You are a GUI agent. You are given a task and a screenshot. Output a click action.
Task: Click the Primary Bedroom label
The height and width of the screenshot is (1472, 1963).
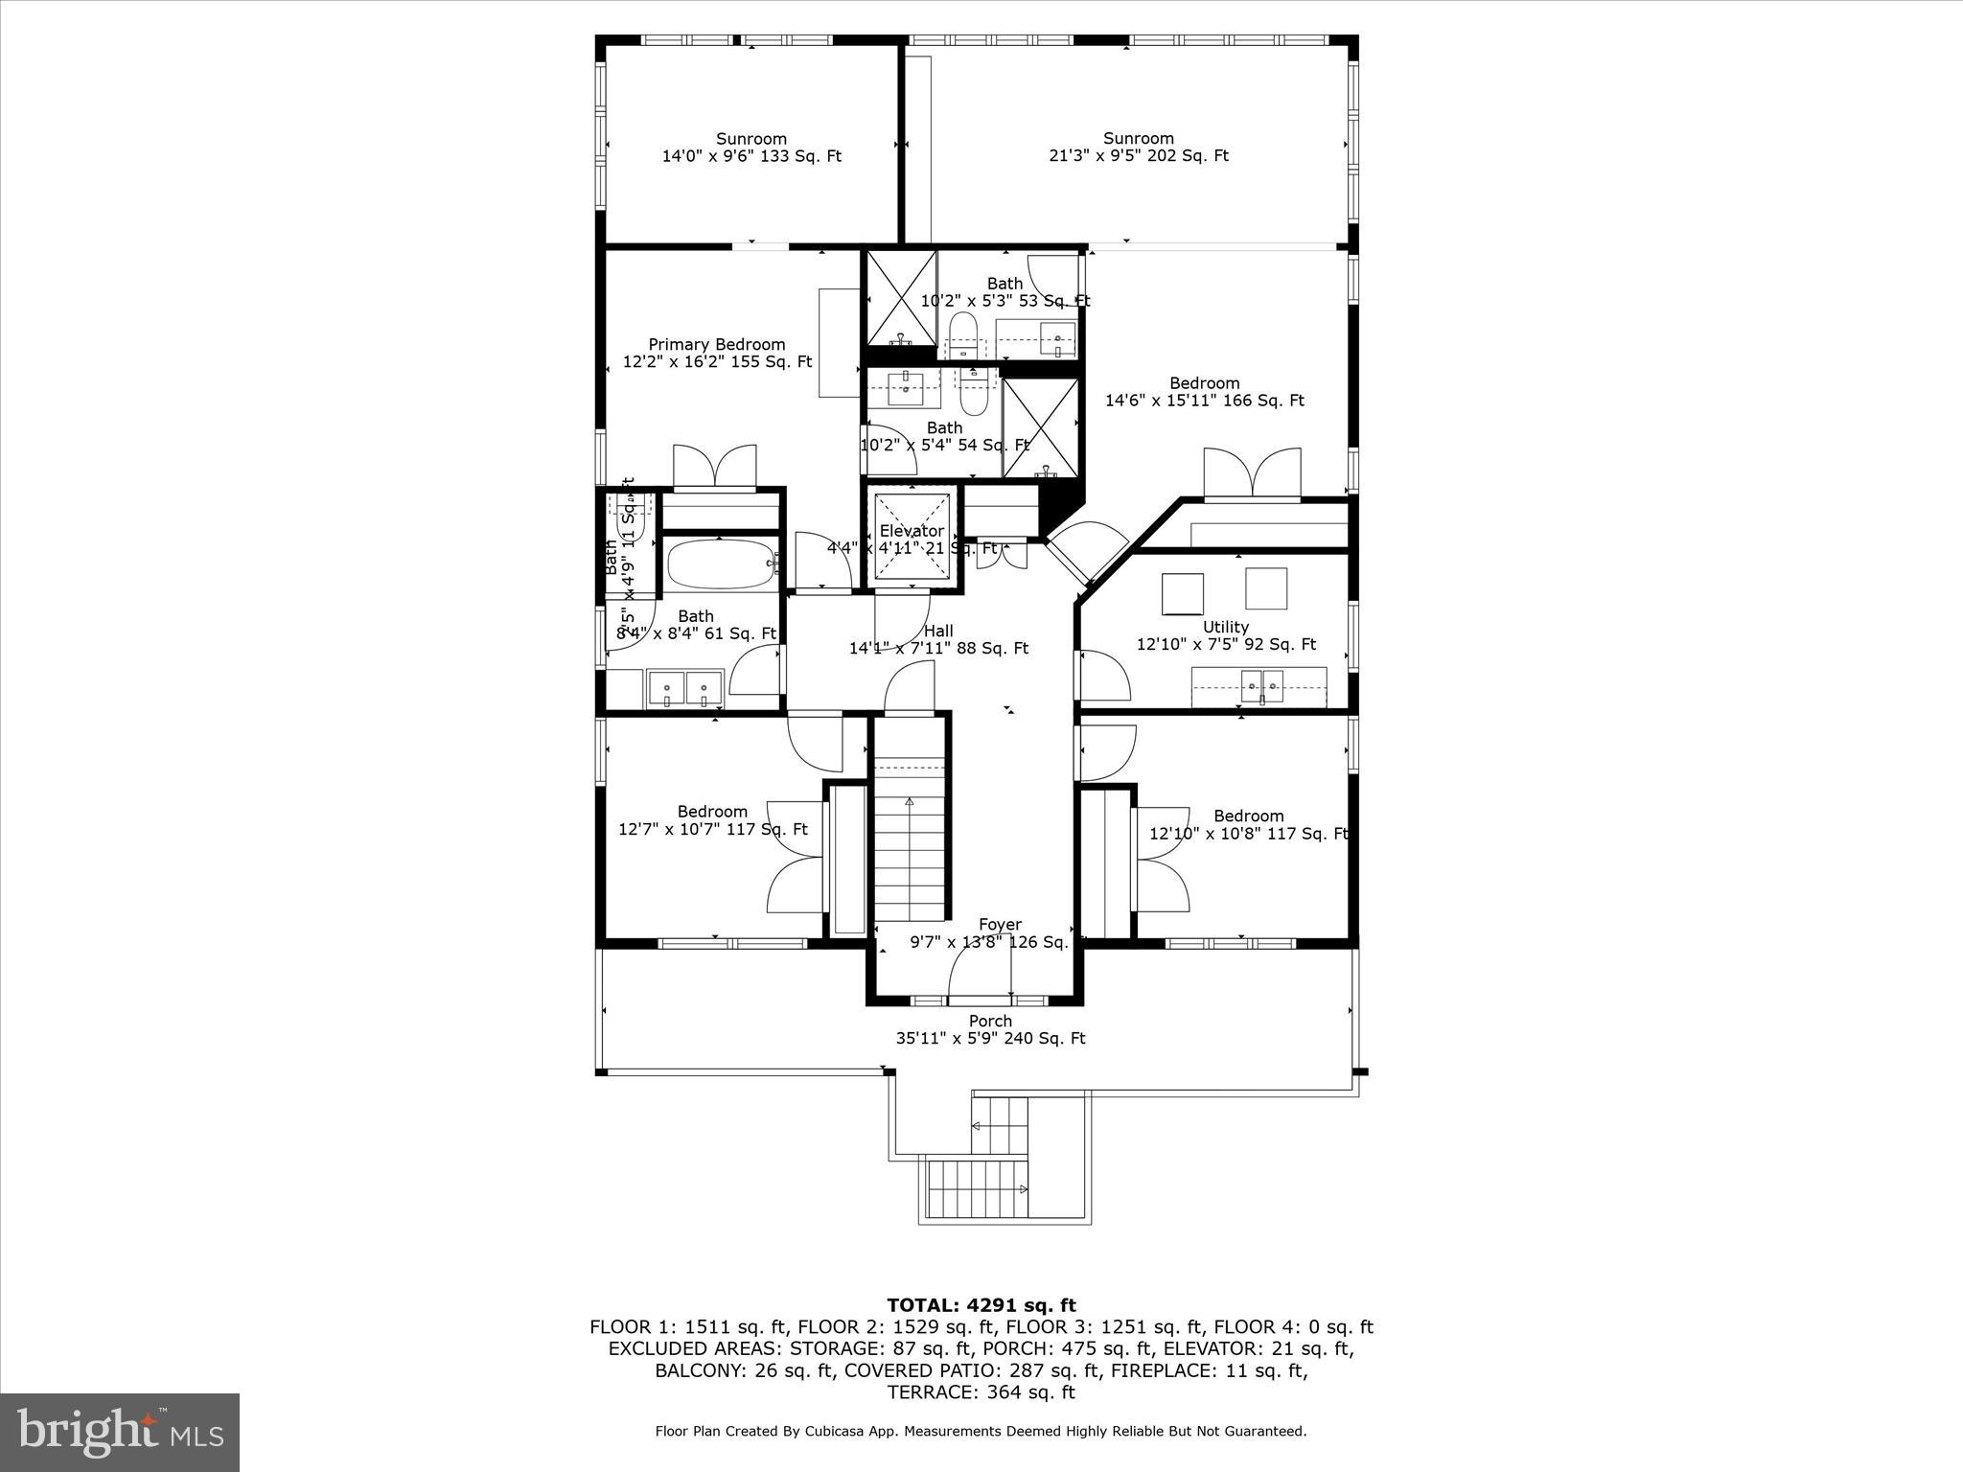717,353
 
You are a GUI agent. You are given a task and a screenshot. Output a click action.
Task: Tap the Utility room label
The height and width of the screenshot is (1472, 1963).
1226,635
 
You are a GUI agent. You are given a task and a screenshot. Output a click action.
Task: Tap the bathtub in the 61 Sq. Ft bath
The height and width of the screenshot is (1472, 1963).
722,565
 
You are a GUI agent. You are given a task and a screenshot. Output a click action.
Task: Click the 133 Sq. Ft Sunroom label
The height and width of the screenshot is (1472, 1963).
751,147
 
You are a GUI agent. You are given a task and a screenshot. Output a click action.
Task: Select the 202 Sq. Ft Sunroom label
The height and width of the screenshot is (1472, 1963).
1138,147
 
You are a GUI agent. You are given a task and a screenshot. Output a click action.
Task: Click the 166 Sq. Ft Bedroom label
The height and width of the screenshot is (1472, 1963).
1204,392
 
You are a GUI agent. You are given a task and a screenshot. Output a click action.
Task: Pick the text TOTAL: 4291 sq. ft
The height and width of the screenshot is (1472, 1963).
981,1305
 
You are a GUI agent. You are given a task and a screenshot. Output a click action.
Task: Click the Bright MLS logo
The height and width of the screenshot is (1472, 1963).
120,1432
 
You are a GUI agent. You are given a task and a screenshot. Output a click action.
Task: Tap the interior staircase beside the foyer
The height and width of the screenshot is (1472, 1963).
909,843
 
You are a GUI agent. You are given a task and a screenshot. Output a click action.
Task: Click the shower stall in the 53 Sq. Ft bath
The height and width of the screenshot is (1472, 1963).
901,297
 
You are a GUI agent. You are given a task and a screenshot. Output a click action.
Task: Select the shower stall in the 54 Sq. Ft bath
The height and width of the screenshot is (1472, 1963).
1040,427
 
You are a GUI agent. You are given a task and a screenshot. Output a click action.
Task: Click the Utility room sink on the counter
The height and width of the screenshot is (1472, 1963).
1261,685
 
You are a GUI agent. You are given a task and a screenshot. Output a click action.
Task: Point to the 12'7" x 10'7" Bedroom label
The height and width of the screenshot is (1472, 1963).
712,820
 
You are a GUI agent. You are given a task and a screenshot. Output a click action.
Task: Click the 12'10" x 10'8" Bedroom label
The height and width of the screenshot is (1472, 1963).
1248,825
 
